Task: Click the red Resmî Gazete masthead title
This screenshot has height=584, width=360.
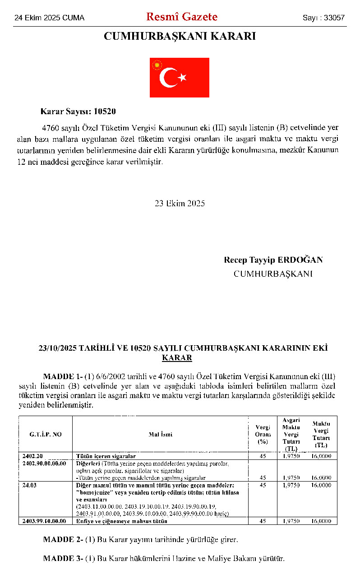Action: click(x=181, y=17)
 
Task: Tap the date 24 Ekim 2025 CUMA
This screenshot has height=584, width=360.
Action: click(x=50, y=18)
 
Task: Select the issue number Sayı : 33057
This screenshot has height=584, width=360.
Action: click(x=323, y=18)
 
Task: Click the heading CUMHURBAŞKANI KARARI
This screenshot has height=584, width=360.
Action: click(x=180, y=37)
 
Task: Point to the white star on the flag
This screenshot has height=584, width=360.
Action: click(x=182, y=78)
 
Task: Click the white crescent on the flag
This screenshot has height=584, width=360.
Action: click(x=168, y=78)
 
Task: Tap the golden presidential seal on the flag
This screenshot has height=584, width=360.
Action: click(x=157, y=65)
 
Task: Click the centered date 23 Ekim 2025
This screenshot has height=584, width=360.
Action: click(x=180, y=204)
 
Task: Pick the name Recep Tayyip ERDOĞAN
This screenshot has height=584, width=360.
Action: click(x=273, y=260)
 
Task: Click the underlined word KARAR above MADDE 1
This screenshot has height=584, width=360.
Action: click(x=177, y=358)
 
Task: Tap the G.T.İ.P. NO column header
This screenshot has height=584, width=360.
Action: click(x=46, y=434)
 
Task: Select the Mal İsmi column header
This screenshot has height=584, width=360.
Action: click(x=161, y=434)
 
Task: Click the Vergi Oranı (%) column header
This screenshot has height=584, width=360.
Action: click(x=263, y=434)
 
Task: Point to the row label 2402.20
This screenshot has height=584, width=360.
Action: click(x=32, y=456)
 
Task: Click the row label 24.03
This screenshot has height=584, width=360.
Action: click(x=29, y=485)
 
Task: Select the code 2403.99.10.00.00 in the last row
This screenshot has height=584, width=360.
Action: click(x=44, y=521)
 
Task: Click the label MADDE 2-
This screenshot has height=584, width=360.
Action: click(x=63, y=539)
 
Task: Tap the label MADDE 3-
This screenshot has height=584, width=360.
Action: click(x=63, y=558)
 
